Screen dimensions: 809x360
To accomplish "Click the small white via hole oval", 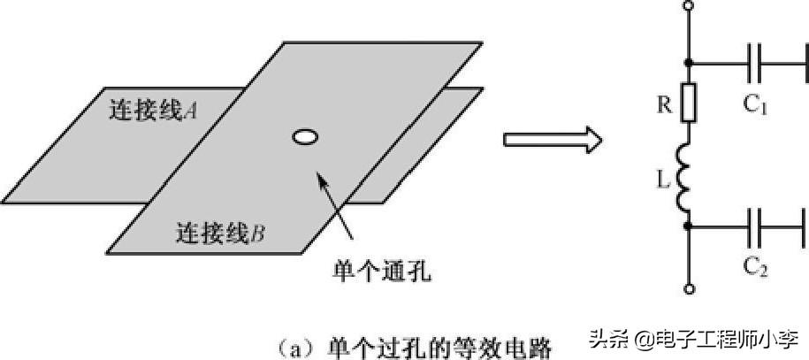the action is [304, 137].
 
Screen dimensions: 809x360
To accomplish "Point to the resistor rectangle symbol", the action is [689, 103].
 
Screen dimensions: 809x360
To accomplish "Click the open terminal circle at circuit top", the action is [689, 7].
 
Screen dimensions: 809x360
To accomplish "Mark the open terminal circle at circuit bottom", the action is [689, 288].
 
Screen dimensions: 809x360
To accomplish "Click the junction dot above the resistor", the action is [689, 64].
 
